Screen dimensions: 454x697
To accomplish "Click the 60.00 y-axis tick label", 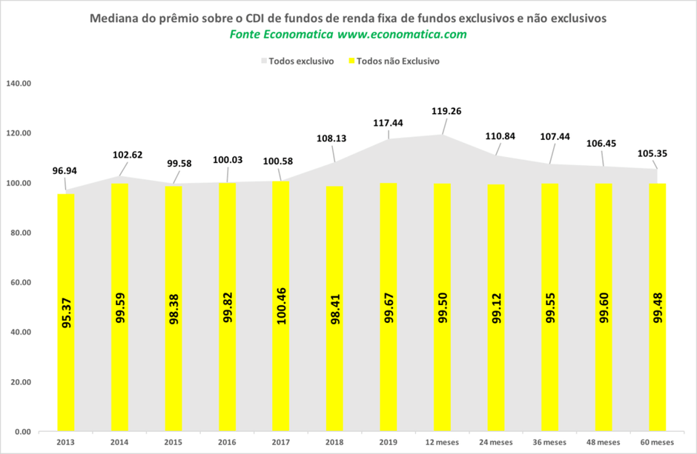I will coord(20,283).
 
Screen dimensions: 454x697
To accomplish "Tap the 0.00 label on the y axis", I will coord(22,432).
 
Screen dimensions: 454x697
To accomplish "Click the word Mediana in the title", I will coord(113,18).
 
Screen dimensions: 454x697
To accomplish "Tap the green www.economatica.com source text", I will coord(402,35).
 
